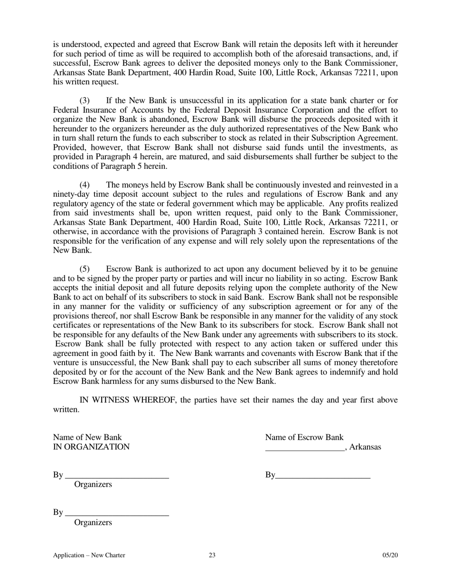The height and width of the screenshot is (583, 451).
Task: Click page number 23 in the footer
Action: [212, 556]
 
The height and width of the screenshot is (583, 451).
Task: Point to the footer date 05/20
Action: [390, 556]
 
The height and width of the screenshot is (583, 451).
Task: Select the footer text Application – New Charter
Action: [89, 556]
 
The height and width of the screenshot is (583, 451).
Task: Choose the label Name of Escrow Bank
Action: [304, 437]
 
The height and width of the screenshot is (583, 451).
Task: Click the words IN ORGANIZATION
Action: [91, 447]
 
